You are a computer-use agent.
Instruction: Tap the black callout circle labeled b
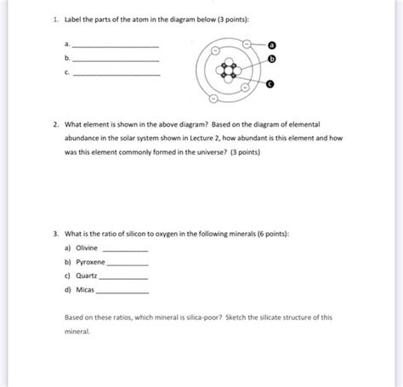click(272, 59)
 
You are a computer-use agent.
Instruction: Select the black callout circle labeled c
click(270, 85)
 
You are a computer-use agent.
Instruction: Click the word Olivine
click(88, 248)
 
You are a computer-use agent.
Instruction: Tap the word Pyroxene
click(91, 263)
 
